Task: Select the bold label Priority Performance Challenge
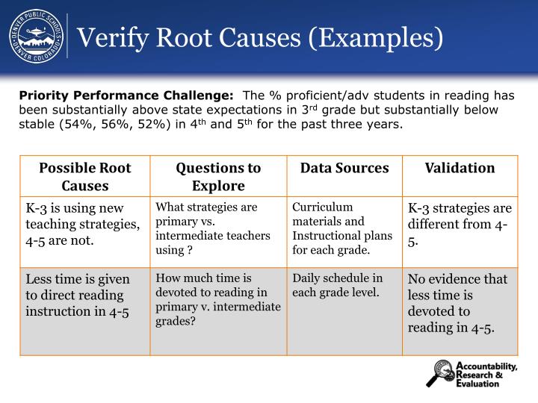click(x=126, y=95)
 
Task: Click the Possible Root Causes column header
click(x=84, y=177)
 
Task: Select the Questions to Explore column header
click(x=218, y=177)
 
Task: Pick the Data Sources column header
click(x=344, y=169)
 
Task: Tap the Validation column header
click(x=460, y=169)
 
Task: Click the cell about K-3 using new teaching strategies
click(x=84, y=224)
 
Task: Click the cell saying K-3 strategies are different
click(x=460, y=224)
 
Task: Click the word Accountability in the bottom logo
click(x=486, y=366)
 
